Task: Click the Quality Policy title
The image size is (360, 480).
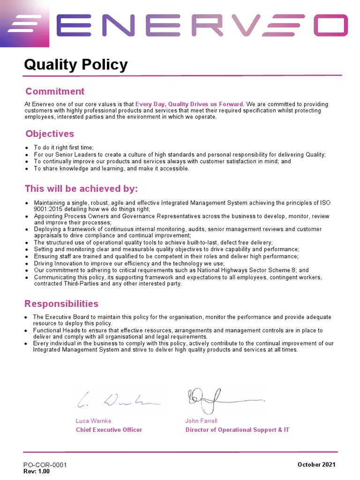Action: [75, 65]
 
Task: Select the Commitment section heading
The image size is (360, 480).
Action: [55, 91]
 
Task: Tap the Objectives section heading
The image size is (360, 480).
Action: [50, 134]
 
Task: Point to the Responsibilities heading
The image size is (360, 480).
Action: [61, 304]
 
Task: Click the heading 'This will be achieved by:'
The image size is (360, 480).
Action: [81, 189]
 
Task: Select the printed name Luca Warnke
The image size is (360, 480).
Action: [94, 421]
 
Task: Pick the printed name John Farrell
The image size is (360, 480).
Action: [202, 421]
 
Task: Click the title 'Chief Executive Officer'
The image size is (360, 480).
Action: [109, 430]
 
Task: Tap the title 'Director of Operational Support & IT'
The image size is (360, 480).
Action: [237, 430]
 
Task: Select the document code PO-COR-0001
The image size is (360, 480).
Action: [45, 465]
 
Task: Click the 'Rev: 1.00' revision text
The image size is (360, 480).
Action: [37, 472]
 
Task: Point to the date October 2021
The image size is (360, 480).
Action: [316, 465]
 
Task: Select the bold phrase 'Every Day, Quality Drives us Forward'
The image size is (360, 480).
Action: [189, 104]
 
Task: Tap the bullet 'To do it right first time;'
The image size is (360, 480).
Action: [64, 148]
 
